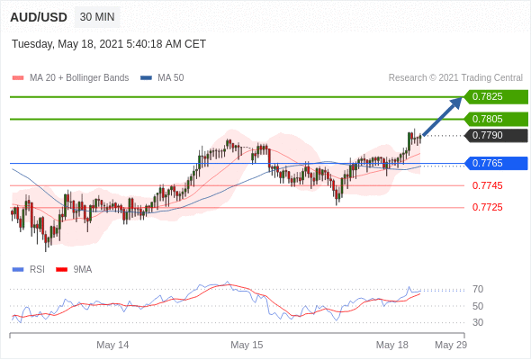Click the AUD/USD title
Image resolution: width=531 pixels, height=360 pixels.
39,17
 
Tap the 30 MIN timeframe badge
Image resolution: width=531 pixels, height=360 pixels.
97,16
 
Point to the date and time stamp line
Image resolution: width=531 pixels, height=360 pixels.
109,44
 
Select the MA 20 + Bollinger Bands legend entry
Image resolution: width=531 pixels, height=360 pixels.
70,78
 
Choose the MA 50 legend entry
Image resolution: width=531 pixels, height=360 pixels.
162,78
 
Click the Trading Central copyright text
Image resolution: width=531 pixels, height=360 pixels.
455,78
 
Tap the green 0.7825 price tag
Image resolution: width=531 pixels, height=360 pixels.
496,97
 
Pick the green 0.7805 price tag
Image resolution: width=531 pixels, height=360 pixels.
496,119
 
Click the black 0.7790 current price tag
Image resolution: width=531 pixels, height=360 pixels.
496,136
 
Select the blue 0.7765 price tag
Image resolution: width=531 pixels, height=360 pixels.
496,163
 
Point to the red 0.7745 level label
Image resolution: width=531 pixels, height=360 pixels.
487,185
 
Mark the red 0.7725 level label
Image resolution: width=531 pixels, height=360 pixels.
487,207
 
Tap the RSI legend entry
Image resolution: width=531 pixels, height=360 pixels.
29,270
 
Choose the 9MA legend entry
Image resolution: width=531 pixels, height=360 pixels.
74,270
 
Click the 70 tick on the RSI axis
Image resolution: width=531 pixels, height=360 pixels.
478,290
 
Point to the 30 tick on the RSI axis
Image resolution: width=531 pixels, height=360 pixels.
478,322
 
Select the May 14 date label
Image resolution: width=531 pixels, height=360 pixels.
112,345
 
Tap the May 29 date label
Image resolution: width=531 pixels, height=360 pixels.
451,345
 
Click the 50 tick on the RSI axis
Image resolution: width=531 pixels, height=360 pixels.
478,306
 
